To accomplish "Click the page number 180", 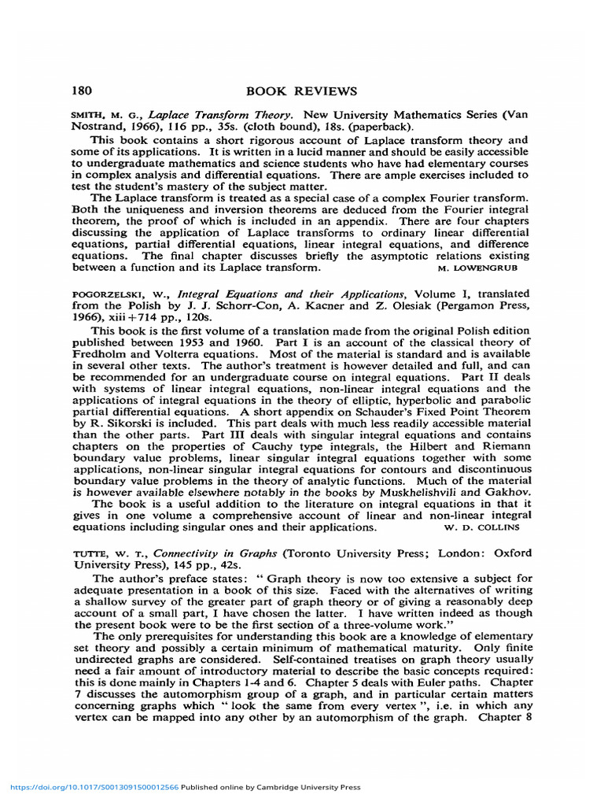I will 83,91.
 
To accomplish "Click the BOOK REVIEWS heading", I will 302,91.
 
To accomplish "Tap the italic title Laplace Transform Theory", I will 221,115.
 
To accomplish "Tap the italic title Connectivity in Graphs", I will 207,553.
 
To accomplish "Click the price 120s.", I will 197,316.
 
